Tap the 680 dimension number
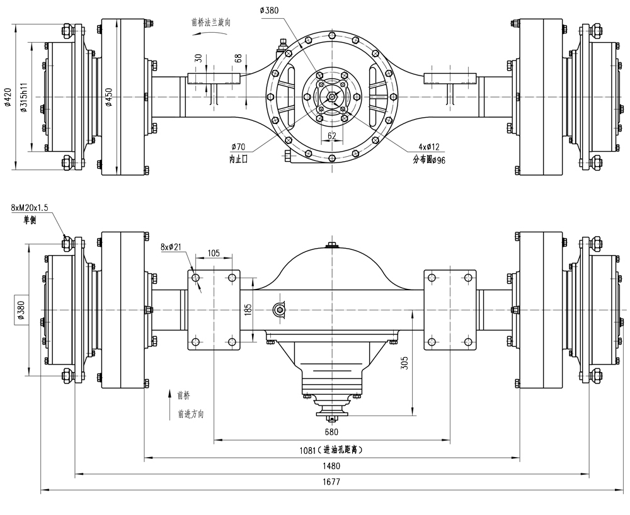click(331, 432)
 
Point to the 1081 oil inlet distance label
click(331, 450)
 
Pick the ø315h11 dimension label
click(24, 97)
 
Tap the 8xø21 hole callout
click(171, 247)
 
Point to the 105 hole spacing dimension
click(213, 253)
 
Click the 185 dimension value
click(248, 309)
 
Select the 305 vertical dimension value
click(405, 363)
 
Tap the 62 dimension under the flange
click(331, 135)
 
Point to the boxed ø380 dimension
click(21, 310)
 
